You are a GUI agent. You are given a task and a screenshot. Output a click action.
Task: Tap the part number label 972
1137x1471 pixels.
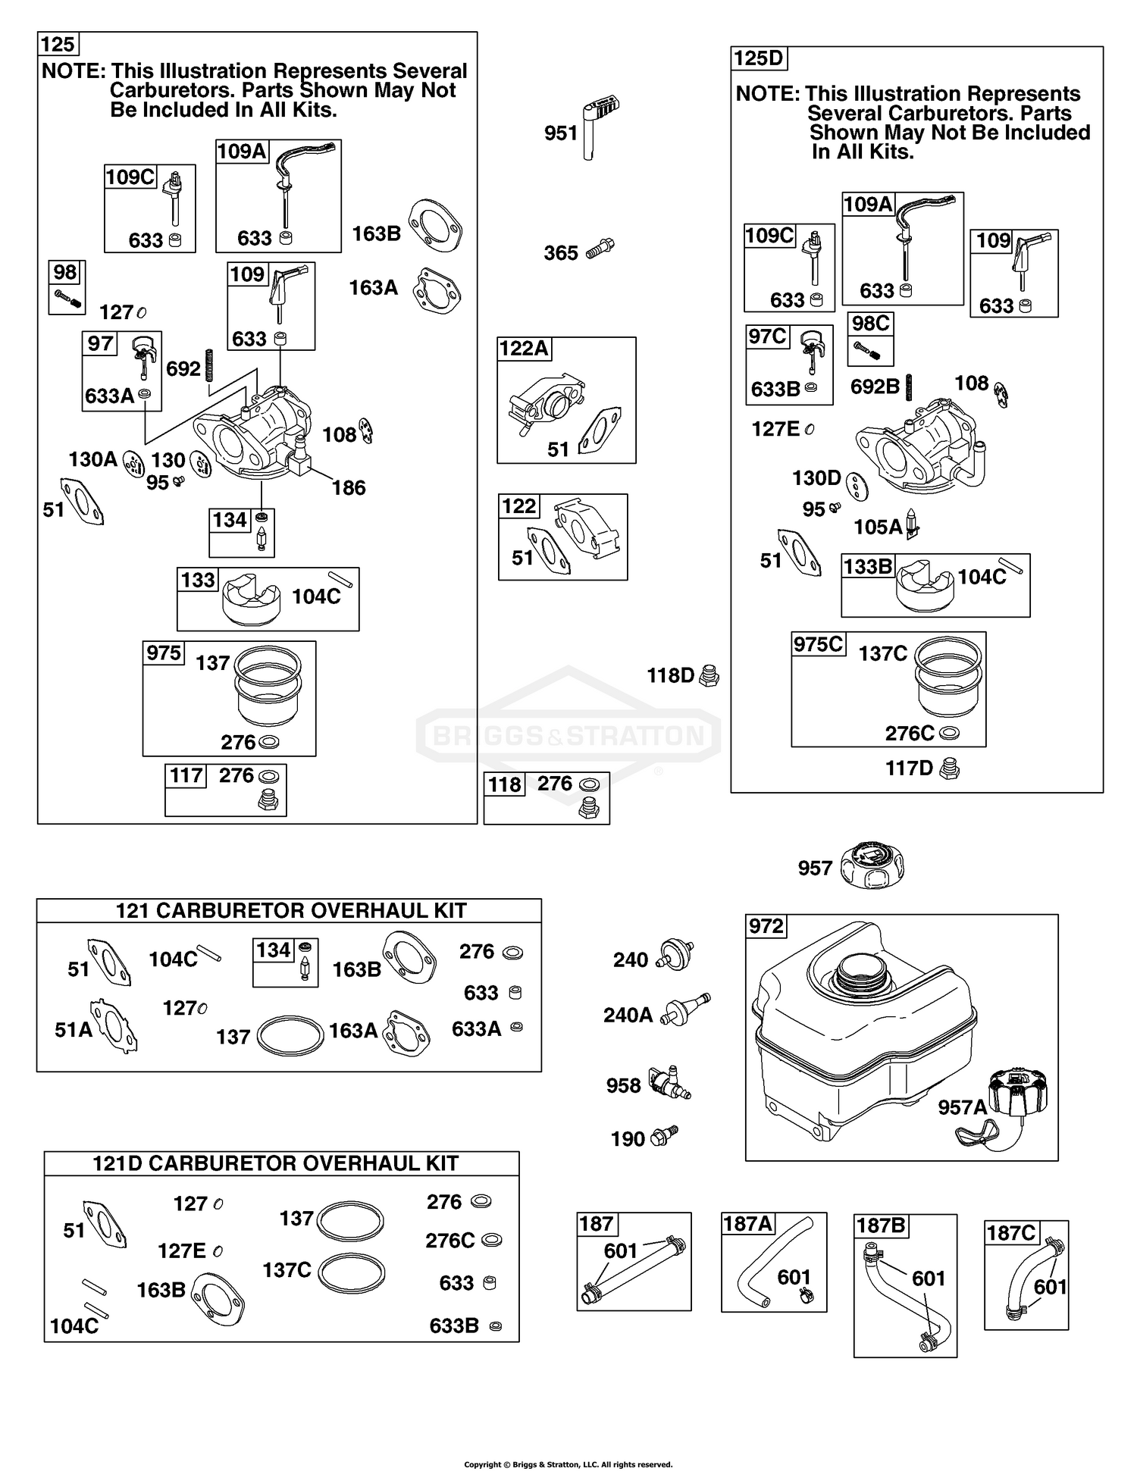point(766,926)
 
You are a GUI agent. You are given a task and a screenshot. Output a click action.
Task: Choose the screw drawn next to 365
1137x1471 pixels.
point(600,248)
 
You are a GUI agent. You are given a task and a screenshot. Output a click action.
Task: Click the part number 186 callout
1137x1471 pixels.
point(349,488)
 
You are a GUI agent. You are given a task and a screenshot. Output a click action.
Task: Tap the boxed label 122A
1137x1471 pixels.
point(524,349)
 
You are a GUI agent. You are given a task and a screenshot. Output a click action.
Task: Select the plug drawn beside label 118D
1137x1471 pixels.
point(709,674)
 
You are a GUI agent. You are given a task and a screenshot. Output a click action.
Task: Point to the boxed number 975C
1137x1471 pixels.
point(818,644)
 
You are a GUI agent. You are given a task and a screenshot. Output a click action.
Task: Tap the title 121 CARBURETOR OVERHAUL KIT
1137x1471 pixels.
point(290,910)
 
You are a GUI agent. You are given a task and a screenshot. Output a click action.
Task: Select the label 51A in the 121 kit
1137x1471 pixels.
point(73,1029)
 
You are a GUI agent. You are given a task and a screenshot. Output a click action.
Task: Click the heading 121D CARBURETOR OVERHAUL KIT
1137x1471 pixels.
point(275,1163)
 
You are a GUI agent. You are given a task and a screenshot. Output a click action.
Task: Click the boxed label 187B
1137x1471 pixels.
point(881,1225)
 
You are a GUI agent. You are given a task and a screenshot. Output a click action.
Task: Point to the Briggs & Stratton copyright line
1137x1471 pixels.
point(568,1464)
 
